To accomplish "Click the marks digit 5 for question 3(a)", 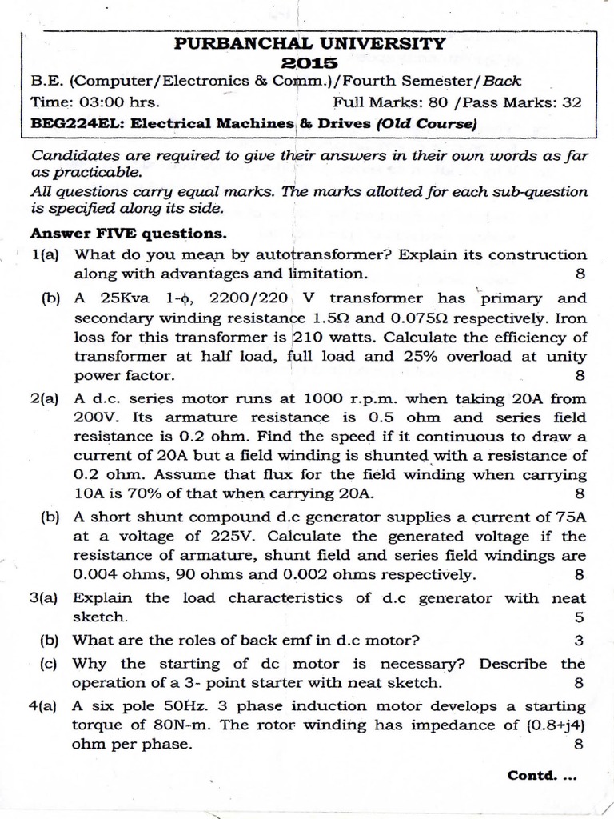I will (580, 617).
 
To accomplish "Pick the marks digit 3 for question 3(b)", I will (580, 640).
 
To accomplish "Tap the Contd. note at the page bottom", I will (541, 775).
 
